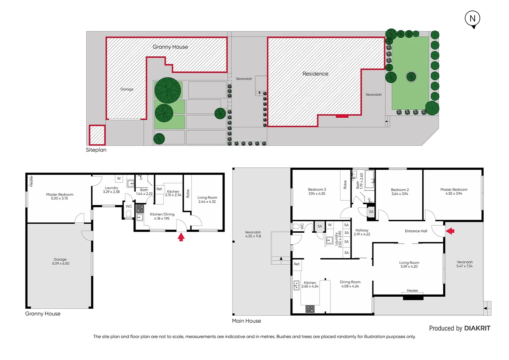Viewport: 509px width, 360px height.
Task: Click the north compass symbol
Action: pyautogui.click(x=472, y=19)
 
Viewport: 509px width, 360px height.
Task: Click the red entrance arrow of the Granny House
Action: pyautogui.click(x=181, y=237)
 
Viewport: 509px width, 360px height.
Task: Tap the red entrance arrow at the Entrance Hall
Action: pyautogui.click(x=450, y=231)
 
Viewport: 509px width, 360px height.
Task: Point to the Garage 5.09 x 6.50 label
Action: pyautogui.click(x=60, y=261)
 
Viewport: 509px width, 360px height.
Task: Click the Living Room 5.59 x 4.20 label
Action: pyautogui.click(x=409, y=265)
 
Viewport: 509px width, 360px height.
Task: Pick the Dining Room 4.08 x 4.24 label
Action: pyautogui.click(x=350, y=284)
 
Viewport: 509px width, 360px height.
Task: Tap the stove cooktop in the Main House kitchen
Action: pyautogui.click(x=310, y=309)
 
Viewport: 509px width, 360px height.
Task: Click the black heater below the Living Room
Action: pyautogui.click(x=413, y=298)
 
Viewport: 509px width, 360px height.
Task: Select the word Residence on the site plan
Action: pyautogui.click(x=315, y=74)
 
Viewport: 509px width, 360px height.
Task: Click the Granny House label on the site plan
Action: pyautogui.click(x=170, y=47)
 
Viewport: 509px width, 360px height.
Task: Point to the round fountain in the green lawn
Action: pyautogui.click(x=411, y=77)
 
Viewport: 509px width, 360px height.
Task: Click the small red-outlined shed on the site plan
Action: pyautogui.click(x=97, y=135)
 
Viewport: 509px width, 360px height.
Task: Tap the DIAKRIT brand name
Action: pyautogui.click(x=477, y=328)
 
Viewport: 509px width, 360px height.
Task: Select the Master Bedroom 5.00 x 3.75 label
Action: pyautogui.click(x=60, y=196)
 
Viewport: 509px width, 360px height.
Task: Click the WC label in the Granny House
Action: pyautogui.click(x=129, y=206)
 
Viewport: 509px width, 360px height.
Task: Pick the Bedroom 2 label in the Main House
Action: pyautogui.click(x=400, y=192)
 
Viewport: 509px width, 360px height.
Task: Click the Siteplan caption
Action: pyautogui.click(x=96, y=150)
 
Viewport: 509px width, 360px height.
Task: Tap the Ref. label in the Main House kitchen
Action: pyautogui.click(x=297, y=264)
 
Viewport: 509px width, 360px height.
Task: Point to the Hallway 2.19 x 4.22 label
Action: pyautogui.click(x=362, y=232)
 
